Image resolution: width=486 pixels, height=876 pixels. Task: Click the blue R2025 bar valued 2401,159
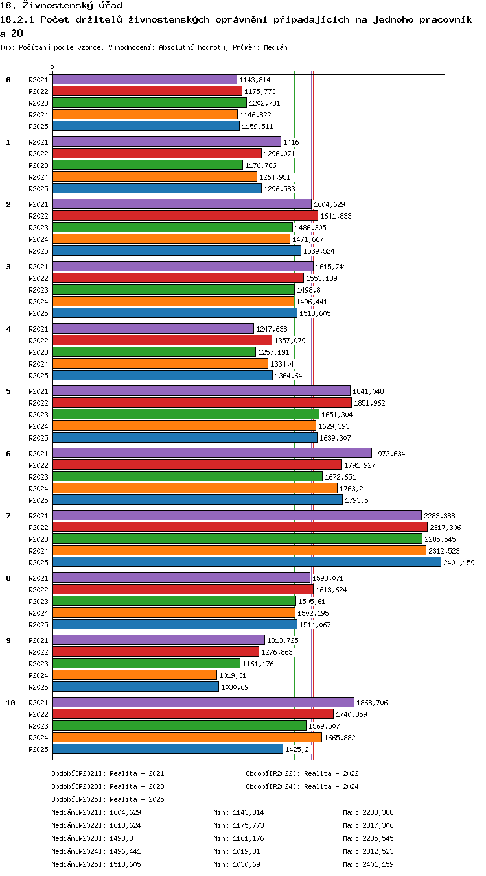[247, 562]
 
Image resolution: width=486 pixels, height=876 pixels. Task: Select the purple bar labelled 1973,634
[212, 453]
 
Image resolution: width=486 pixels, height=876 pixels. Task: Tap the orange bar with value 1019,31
[135, 675]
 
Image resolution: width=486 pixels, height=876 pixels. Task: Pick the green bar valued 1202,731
[150, 103]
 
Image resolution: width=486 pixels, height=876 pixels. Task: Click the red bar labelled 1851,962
[202, 402]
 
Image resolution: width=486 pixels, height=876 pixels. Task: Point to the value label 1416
[291, 142]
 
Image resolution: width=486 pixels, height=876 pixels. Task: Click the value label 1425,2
[297, 749]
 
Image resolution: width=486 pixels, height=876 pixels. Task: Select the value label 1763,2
[351, 489]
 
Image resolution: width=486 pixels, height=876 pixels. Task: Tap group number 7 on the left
[8, 516]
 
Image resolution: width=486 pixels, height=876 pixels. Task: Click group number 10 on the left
[10, 703]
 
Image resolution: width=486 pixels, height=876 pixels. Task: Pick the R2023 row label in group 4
[38, 352]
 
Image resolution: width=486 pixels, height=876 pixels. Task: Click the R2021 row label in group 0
[38, 80]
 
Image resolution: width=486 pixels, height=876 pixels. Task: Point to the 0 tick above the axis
[52, 67]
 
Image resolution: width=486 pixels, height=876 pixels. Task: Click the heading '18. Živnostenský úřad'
[62, 5]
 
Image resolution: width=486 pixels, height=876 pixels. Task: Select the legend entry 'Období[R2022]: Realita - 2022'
[302, 773]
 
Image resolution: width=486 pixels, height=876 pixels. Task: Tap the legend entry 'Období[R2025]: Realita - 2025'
[108, 799]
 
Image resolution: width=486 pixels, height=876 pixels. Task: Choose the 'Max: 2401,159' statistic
[368, 864]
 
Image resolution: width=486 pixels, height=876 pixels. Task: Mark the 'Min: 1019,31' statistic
[237, 851]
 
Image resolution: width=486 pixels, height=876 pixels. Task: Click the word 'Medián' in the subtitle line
[275, 48]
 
